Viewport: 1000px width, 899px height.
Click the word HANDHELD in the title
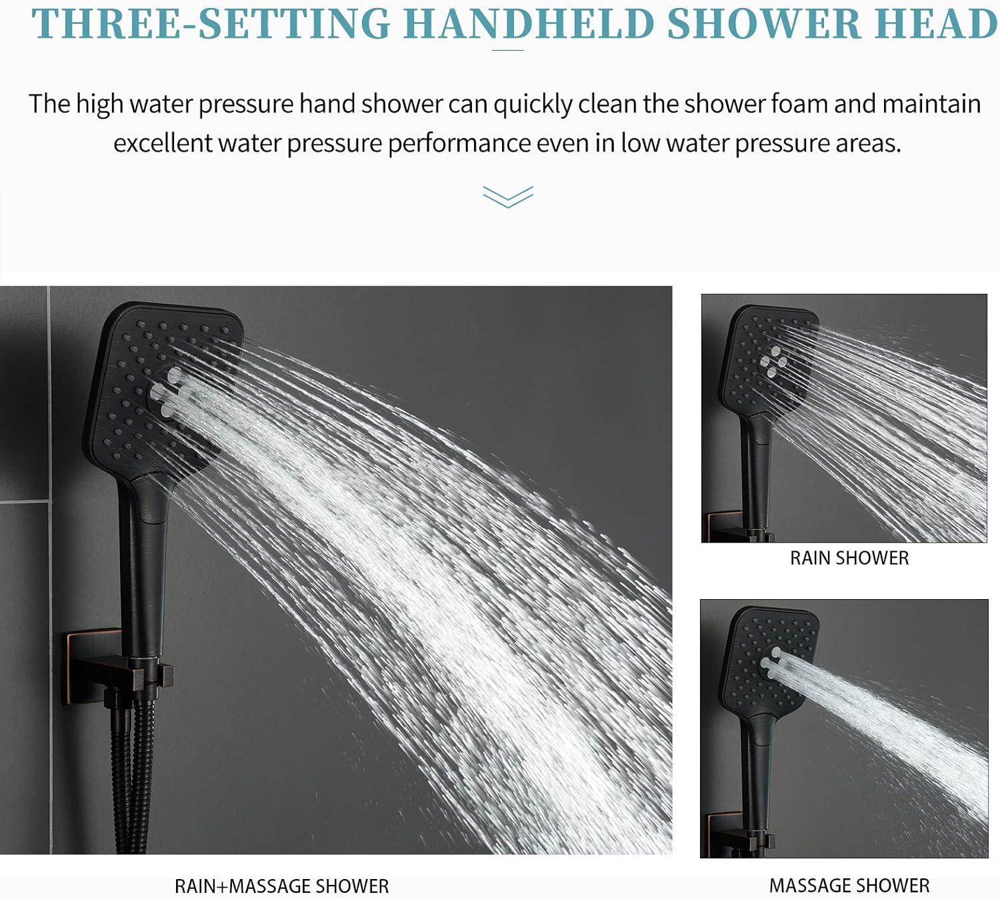point(529,24)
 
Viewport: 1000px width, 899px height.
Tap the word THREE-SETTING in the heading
point(211,24)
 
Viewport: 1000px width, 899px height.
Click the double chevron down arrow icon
point(508,197)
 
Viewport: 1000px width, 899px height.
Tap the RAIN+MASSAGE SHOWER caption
point(281,886)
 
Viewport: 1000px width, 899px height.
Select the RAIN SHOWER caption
point(849,558)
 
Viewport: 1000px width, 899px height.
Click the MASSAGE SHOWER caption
point(849,885)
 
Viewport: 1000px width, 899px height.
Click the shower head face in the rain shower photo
point(767,360)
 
